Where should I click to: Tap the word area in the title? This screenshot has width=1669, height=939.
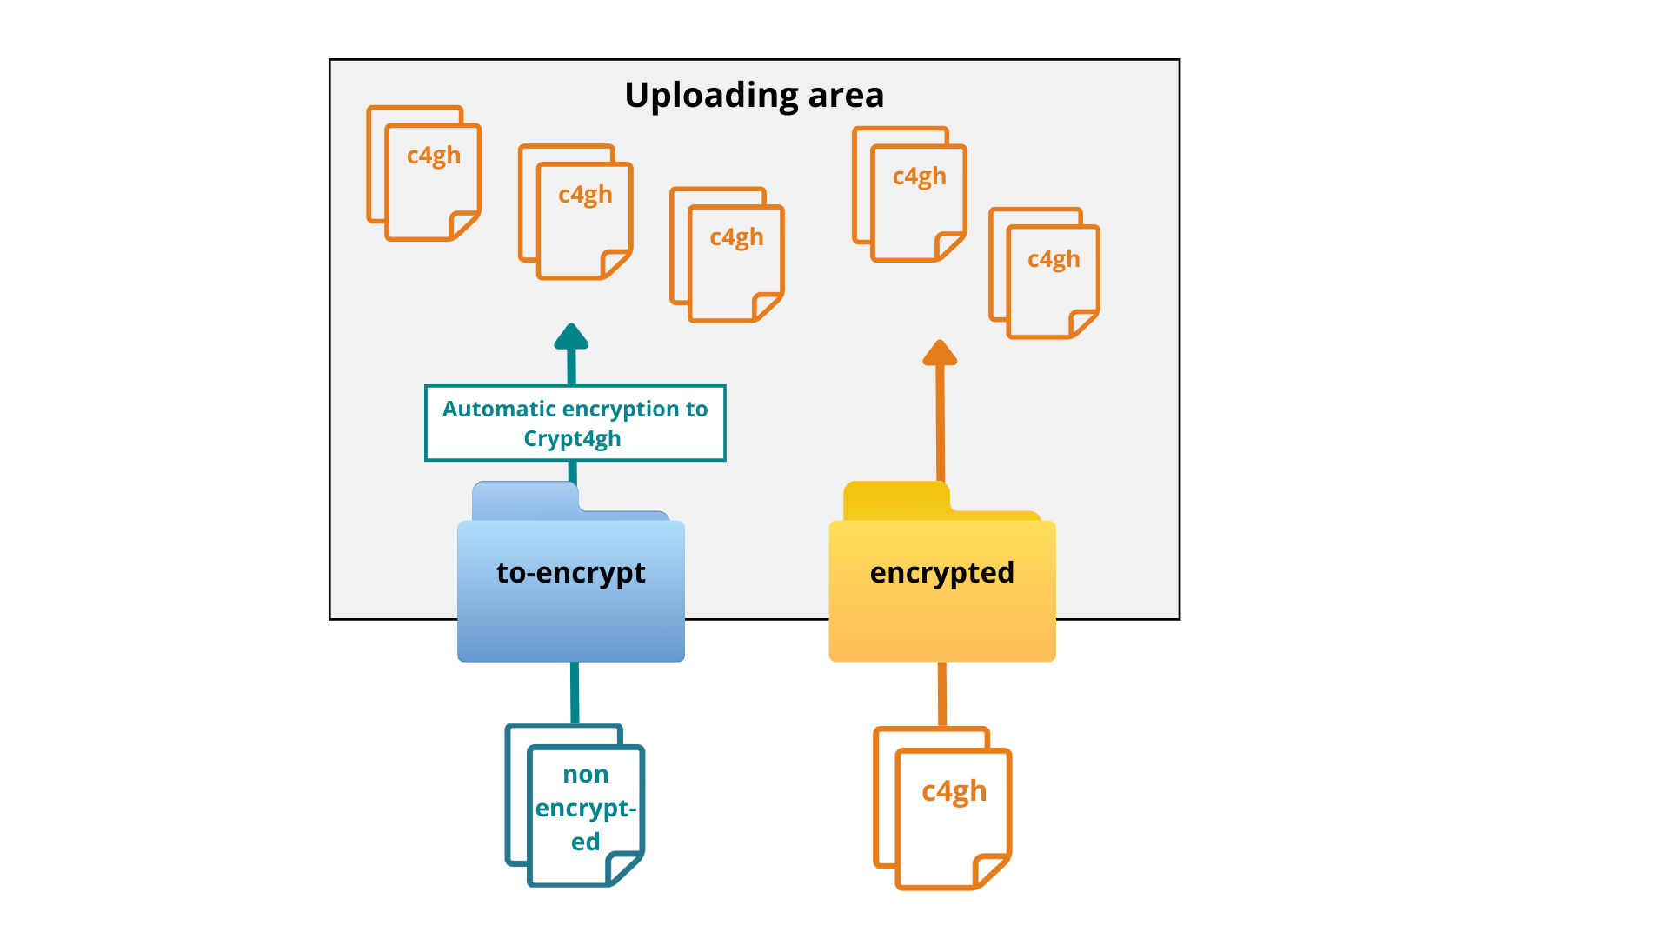click(845, 96)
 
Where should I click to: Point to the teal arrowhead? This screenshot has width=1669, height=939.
click(571, 337)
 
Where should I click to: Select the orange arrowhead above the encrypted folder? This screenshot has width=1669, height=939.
click(940, 353)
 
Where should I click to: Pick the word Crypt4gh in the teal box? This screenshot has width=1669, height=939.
click(572, 438)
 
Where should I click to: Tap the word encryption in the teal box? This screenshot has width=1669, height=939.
click(620, 409)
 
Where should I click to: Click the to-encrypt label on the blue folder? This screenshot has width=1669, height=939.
click(570, 572)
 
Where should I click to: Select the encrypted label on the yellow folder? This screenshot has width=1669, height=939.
click(941, 572)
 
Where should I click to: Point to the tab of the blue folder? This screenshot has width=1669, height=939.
click(524, 499)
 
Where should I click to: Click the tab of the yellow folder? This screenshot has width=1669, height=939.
click(895, 499)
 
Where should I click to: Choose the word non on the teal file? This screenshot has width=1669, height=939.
click(585, 774)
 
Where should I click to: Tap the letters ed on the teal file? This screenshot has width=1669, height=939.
click(585, 842)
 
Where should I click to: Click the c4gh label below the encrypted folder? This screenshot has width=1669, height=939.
click(954, 791)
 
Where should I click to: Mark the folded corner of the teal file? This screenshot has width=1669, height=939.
click(622, 868)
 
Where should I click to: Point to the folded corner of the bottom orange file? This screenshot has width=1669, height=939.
click(990, 870)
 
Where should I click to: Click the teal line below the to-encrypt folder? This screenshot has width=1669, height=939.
click(575, 692)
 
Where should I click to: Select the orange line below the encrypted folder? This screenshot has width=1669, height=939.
click(942, 693)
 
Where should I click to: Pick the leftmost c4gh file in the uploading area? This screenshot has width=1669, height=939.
click(425, 174)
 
